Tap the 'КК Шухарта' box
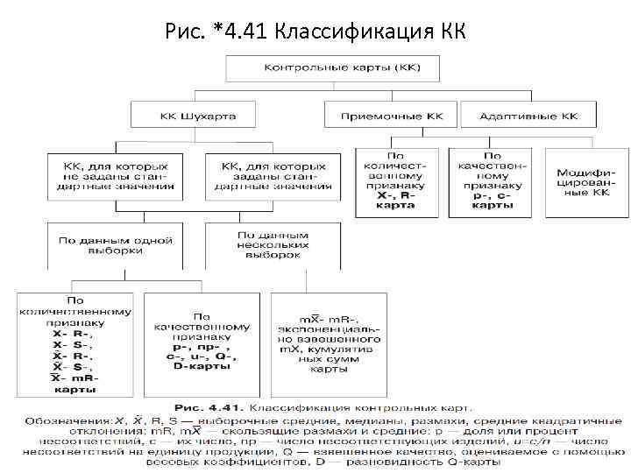point(197,115)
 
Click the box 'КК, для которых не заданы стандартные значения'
point(110,175)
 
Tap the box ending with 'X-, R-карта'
point(397,182)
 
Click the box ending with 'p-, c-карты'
point(493,182)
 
